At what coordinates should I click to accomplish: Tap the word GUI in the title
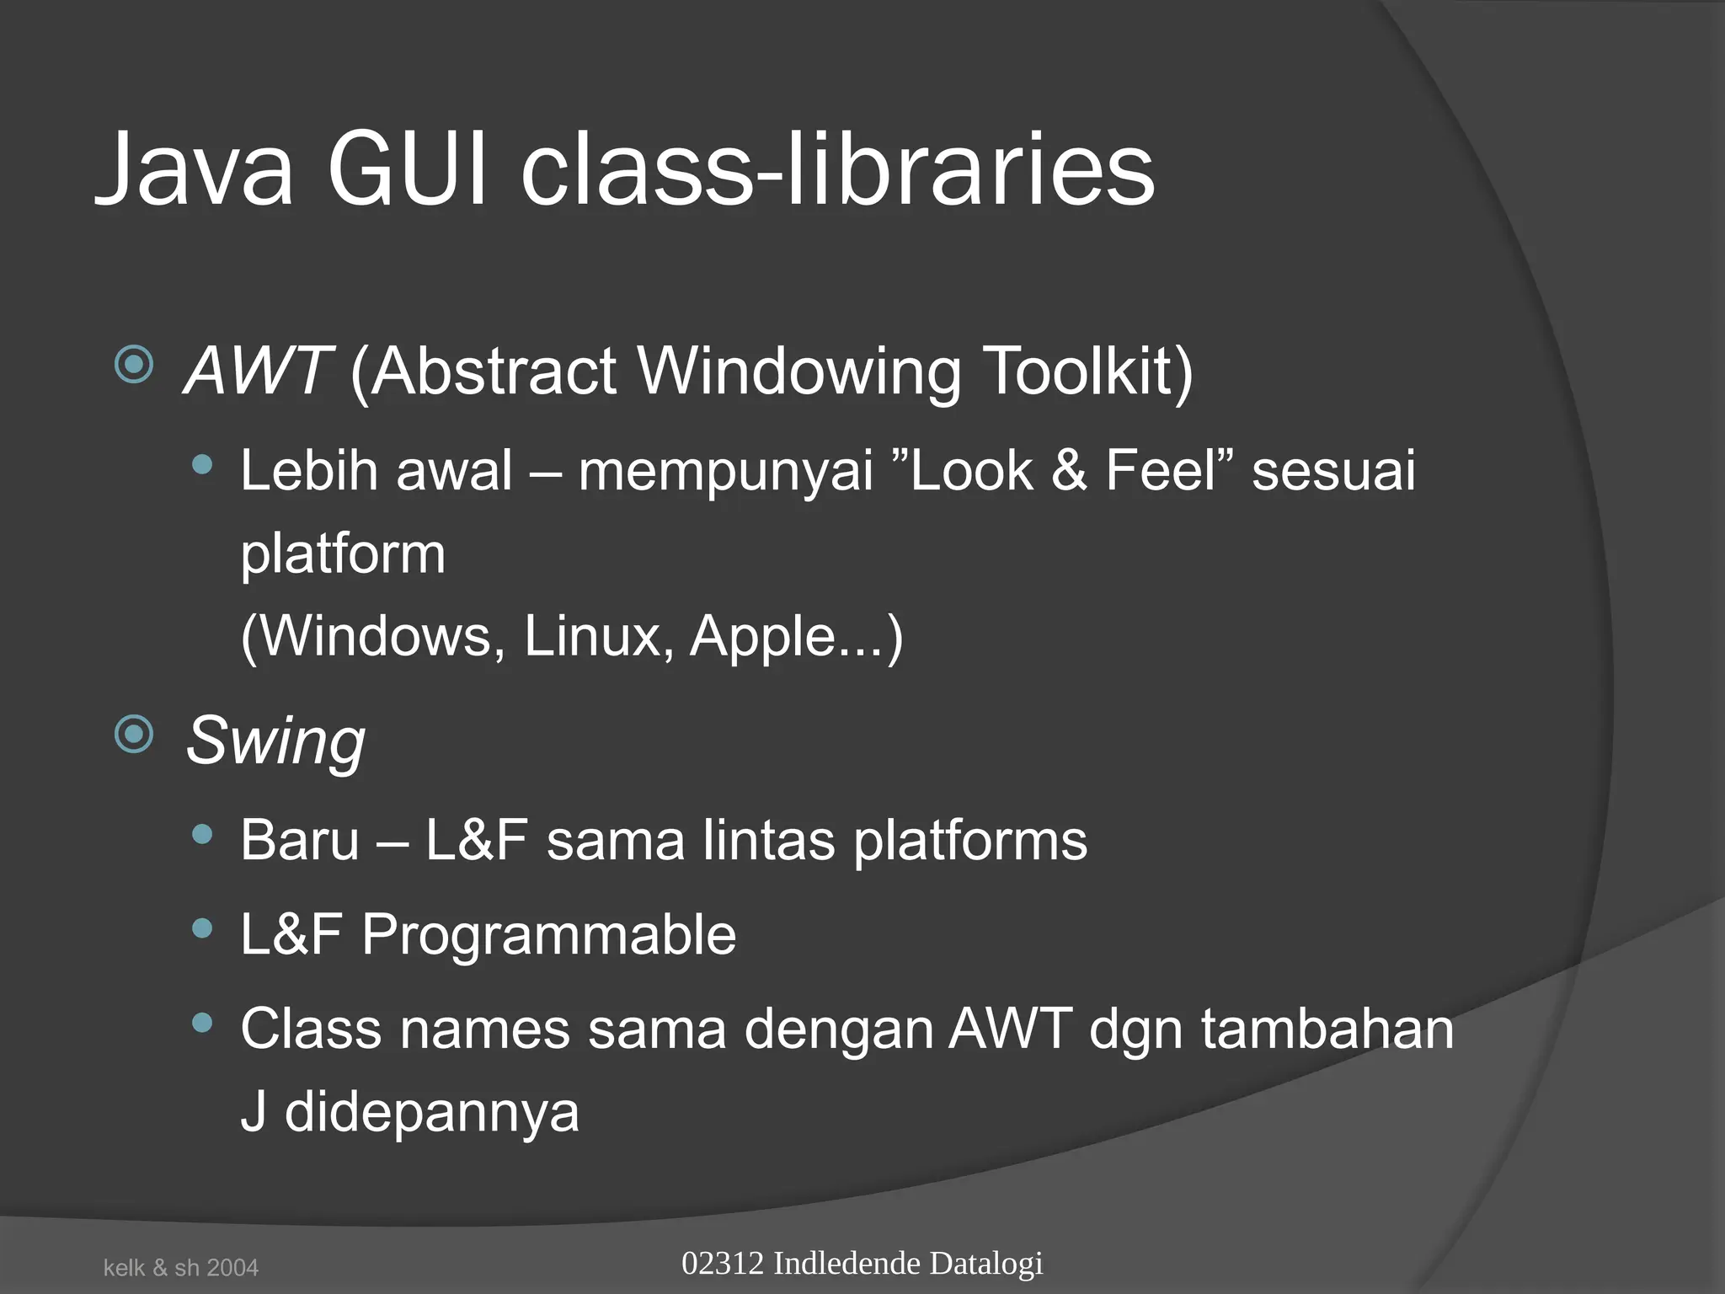click(x=407, y=170)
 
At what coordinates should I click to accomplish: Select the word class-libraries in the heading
click(x=837, y=170)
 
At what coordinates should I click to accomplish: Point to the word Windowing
click(x=798, y=371)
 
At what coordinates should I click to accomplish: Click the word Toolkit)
click(x=1087, y=371)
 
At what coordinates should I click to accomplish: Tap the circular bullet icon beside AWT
click(x=134, y=365)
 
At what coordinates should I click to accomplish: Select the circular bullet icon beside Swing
click(x=134, y=734)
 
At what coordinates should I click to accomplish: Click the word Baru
click(x=300, y=840)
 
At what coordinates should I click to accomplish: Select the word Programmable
click(x=548, y=934)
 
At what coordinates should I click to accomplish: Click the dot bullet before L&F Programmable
click(x=202, y=928)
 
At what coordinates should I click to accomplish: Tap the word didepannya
click(x=431, y=1112)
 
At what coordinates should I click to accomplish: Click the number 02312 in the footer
click(x=723, y=1264)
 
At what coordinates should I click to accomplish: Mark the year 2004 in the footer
click(x=232, y=1268)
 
